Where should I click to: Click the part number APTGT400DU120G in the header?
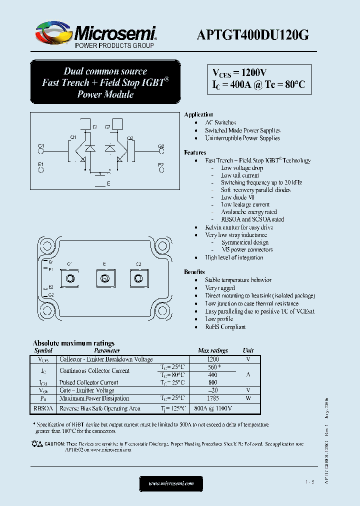tap(253, 34)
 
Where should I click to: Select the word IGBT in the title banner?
tap(153, 83)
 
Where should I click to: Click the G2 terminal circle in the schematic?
tap(161, 151)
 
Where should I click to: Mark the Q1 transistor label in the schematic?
tap(73, 137)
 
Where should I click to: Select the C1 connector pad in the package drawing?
tap(70, 277)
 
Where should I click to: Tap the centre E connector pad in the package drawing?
tap(104, 277)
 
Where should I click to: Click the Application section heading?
tap(199, 115)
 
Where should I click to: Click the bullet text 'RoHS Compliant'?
tap(225, 327)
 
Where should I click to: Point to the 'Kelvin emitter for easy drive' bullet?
tap(239, 227)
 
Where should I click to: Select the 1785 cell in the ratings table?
tap(213, 398)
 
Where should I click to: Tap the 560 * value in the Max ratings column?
tap(213, 367)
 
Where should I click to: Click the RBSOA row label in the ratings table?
tap(43, 408)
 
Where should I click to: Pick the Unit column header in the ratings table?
tap(248, 351)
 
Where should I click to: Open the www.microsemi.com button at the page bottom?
tap(171, 483)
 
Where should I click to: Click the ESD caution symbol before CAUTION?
tap(36, 443)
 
